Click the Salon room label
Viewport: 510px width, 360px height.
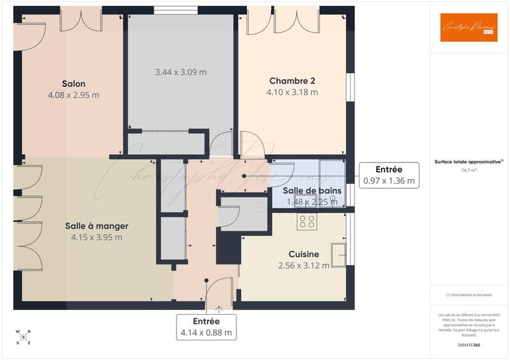pyautogui.click(x=73, y=83)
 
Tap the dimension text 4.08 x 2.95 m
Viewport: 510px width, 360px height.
pyautogui.click(x=73, y=95)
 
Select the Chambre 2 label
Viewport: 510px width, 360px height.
pyautogui.click(x=292, y=81)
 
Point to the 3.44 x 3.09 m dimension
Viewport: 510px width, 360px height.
pyautogui.click(x=180, y=72)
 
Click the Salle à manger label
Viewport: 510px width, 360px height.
pyautogui.click(x=96, y=226)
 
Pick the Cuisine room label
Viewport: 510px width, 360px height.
pyautogui.click(x=303, y=254)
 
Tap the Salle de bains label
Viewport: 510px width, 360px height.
pyautogui.click(x=312, y=191)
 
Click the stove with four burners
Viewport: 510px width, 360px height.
pyautogui.click(x=307, y=221)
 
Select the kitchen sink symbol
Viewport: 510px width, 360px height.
pyautogui.click(x=339, y=254)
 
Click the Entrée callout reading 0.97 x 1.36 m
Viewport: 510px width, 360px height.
pyautogui.click(x=388, y=175)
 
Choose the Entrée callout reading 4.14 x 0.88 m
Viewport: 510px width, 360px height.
pyautogui.click(x=206, y=327)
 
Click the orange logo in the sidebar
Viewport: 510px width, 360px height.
pyautogui.click(x=469, y=27)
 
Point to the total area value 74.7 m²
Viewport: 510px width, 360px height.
pyautogui.click(x=469, y=171)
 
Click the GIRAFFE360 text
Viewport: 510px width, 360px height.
pyautogui.click(x=469, y=344)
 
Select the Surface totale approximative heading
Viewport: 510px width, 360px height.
pyautogui.click(x=469, y=162)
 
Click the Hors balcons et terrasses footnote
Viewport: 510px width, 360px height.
pyautogui.click(x=469, y=295)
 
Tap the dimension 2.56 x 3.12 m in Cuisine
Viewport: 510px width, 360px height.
pyautogui.click(x=303, y=265)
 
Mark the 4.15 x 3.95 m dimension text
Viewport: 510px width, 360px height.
pyautogui.click(x=96, y=238)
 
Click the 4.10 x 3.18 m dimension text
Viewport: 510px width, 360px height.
pyautogui.click(x=292, y=92)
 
